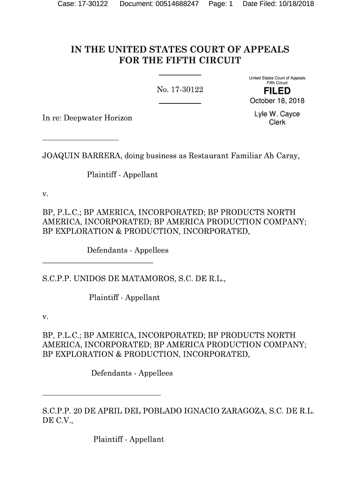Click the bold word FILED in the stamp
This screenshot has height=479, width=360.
(277, 91)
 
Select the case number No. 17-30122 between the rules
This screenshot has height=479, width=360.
(180, 89)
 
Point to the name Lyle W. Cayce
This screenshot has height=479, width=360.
(277, 114)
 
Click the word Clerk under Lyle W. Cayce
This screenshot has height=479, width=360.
(277, 123)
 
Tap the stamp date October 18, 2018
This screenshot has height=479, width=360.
(277, 102)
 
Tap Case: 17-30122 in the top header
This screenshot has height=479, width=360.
(82, 4)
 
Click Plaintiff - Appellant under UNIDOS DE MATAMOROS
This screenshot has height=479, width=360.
(124, 298)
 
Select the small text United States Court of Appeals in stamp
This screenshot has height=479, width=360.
(277, 78)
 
